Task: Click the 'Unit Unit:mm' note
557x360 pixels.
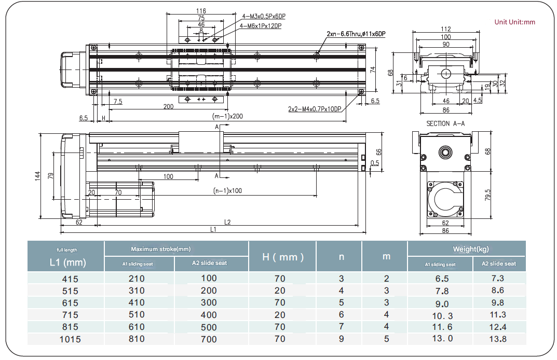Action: point(514,22)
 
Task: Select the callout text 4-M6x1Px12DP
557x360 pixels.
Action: point(261,26)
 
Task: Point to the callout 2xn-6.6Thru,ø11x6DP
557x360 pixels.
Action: point(356,34)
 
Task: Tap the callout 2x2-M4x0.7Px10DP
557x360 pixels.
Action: point(315,109)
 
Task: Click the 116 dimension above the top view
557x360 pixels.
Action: point(201,11)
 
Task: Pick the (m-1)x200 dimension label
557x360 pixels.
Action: point(227,116)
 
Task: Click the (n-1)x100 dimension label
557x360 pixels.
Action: point(227,190)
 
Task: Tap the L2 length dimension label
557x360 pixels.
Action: point(227,222)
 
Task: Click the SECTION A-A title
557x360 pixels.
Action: point(445,123)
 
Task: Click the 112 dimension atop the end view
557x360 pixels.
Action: point(445,29)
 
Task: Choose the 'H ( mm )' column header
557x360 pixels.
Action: point(282,257)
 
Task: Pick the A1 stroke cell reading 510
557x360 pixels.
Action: point(137,315)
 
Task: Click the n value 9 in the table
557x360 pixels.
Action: point(341,339)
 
